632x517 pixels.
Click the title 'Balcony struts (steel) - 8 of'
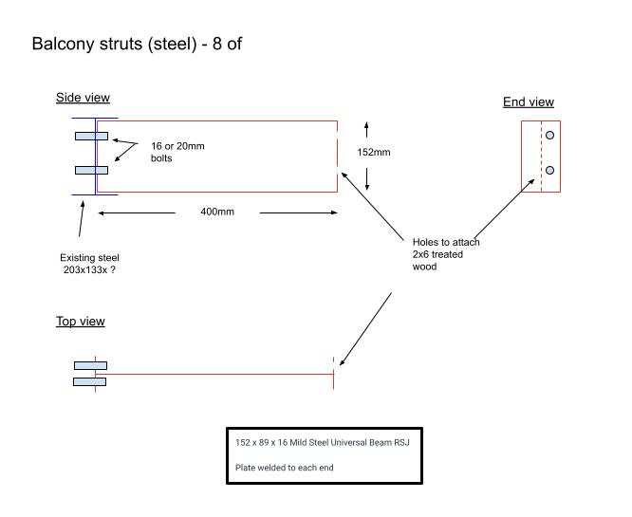(137, 44)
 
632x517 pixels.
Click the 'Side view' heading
(83, 98)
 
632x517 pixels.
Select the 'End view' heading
(529, 102)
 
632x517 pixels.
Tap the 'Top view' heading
(81, 322)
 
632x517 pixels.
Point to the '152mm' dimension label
(374, 153)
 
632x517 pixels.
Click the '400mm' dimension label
(217, 211)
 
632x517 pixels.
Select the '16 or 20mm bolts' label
(177, 152)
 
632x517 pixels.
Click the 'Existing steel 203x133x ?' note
(90, 264)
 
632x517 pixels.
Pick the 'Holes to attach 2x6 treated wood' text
(446, 254)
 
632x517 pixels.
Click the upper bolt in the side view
(91, 137)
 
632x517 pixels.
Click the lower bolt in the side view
(91, 171)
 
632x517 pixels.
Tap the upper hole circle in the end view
(549, 137)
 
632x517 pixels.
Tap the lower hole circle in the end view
(549, 171)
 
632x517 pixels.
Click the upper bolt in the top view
(90, 365)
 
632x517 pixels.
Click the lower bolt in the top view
(90, 381)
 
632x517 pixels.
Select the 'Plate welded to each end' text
(284, 468)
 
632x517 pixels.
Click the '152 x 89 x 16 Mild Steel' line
(323, 442)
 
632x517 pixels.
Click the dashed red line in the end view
(541, 156)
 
